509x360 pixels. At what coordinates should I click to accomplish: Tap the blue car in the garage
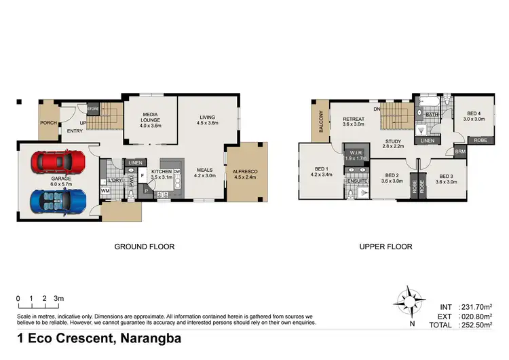coord(57,200)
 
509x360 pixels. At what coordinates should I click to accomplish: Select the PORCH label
coord(48,123)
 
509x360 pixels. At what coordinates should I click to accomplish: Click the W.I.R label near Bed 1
coord(356,153)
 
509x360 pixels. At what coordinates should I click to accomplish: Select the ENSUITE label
coord(357,182)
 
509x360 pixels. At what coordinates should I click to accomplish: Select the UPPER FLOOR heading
coord(385,247)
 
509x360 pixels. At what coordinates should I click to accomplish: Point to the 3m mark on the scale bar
coord(59,298)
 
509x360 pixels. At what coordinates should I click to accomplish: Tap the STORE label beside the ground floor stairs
coord(93,107)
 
